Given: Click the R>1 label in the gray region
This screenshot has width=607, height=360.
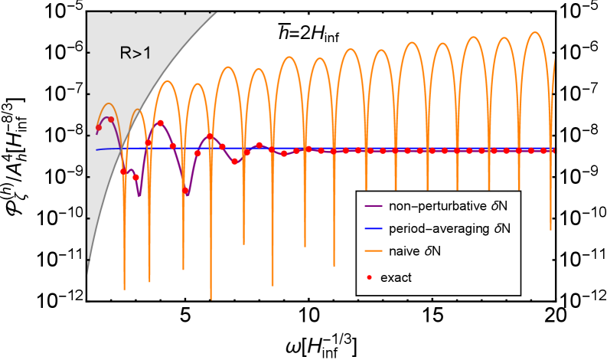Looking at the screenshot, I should tap(135, 53).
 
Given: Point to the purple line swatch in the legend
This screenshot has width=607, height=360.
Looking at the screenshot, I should tap(374, 205).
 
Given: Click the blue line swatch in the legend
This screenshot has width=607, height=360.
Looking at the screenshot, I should tap(374, 228).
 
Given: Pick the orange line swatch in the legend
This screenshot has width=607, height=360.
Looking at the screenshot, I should tap(374, 250).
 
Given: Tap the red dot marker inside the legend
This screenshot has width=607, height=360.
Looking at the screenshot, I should tap(373, 277).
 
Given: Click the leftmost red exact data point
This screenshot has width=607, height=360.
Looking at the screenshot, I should tap(99, 127).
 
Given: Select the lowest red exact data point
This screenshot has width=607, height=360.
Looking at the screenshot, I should tap(185, 190).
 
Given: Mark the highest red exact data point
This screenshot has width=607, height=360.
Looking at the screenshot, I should tap(111, 119).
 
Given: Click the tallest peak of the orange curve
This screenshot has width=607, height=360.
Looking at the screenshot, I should tap(535, 32).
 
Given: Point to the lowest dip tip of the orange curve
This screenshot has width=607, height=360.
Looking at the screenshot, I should tap(211, 299).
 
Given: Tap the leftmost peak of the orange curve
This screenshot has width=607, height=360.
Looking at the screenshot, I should tap(108, 103).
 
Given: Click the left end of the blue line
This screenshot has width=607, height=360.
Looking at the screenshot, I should tap(96, 149).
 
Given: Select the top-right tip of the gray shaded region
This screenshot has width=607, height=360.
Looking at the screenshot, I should tap(217, 13).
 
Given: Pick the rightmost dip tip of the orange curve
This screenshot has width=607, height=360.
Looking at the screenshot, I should tap(551, 228).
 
